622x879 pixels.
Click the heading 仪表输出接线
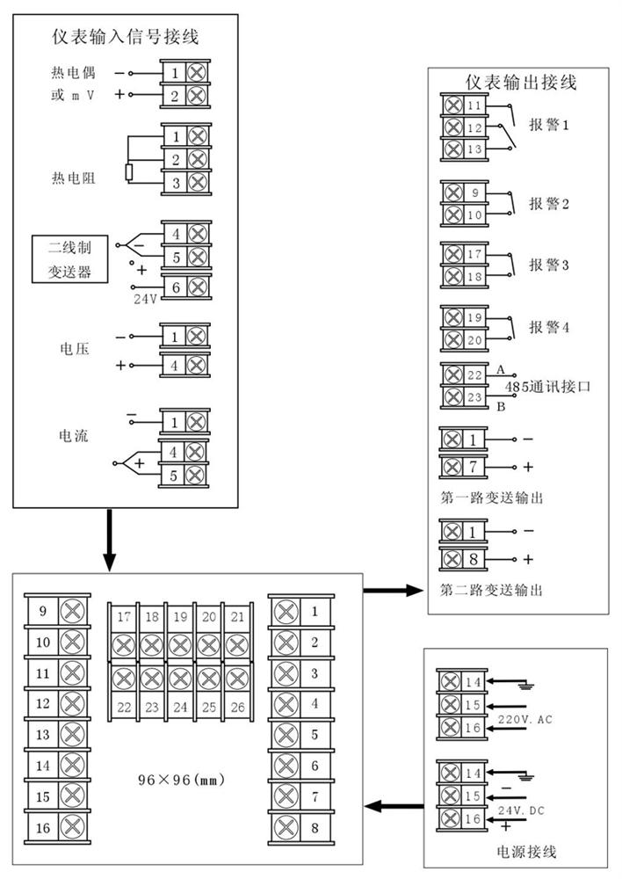(x=521, y=83)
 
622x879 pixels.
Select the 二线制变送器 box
(x=69, y=259)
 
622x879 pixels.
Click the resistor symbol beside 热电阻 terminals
(x=128, y=171)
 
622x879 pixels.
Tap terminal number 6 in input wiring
(x=176, y=287)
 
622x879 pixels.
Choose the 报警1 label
(x=549, y=125)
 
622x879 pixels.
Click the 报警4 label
(x=549, y=327)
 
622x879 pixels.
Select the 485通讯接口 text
(x=545, y=387)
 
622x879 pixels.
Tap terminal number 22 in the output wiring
(x=475, y=375)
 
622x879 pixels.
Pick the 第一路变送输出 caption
(x=490, y=498)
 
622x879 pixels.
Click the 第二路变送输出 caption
(x=490, y=590)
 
